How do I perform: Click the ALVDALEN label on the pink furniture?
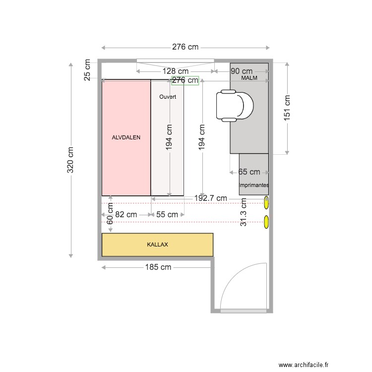pyautogui.click(x=126, y=138)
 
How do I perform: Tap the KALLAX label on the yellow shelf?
pyautogui.click(x=157, y=245)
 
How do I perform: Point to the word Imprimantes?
pyautogui.click(x=254, y=185)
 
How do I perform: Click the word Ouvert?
pyautogui.click(x=168, y=97)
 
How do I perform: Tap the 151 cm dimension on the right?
pyautogui.click(x=287, y=108)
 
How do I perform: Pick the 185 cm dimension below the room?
pyautogui.click(x=158, y=267)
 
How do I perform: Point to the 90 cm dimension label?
pyautogui.click(x=242, y=71)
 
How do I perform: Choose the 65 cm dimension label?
pyautogui.click(x=249, y=172)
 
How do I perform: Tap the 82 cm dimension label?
pyautogui.click(x=126, y=215)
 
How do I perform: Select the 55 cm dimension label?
pyautogui.click(x=167, y=215)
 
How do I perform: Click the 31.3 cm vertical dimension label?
pyautogui.click(x=244, y=212)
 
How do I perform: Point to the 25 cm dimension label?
pyautogui.click(x=87, y=70)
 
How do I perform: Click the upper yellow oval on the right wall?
pyautogui.click(x=267, y=202)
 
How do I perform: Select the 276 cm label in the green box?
pyautogui.click(x=185, y=80)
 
